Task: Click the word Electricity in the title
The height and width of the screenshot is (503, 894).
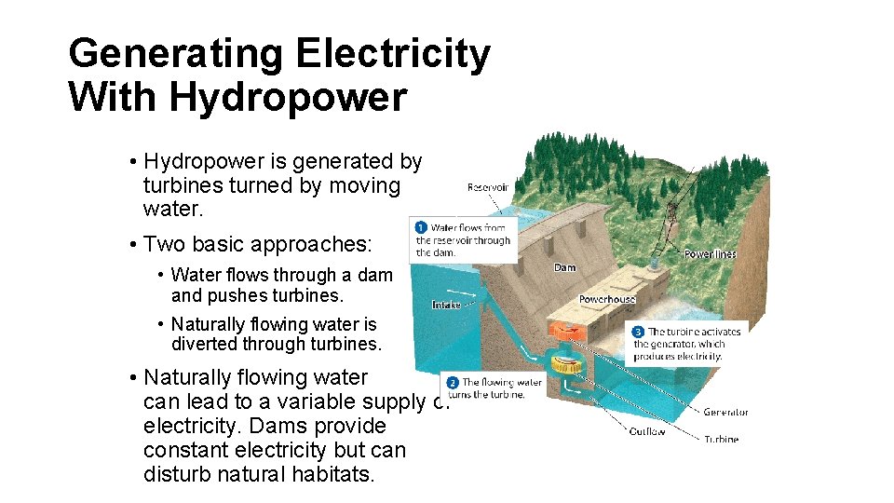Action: coord(392,54)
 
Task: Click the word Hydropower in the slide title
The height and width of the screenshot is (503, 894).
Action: coord(284,97)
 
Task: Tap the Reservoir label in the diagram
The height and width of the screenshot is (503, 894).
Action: coord(487,187)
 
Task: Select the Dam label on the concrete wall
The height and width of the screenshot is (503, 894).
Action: coord(564,268)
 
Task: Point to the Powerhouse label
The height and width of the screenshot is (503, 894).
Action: coord(607,299)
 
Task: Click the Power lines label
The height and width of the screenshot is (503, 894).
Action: coord(710,253)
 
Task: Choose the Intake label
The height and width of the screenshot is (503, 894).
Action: coord(446,305)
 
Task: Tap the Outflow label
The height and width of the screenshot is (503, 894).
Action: coord(646,431)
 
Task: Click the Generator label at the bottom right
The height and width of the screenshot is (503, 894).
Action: coord(725,412)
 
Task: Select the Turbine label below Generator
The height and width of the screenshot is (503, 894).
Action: coord(721,439)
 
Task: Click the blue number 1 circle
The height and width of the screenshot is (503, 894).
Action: coord(420,226)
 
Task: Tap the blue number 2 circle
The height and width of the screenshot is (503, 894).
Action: coord(452,382)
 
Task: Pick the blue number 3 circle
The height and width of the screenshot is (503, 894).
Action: coord(638,332)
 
